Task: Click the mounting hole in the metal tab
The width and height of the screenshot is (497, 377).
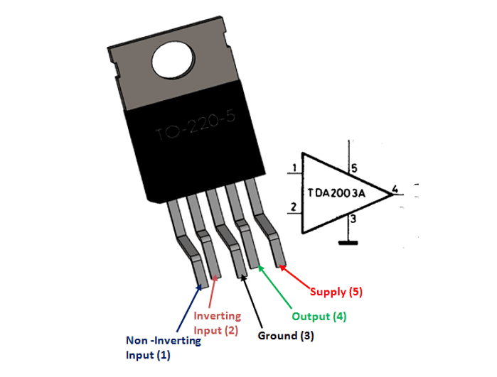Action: coord(173,60)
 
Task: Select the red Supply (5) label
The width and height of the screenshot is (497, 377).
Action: coord(336,292)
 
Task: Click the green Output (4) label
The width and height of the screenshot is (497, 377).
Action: coord(319,316)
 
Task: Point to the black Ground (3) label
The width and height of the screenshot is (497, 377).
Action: coord(286,336)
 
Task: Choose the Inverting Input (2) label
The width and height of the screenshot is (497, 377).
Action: coord(217,323)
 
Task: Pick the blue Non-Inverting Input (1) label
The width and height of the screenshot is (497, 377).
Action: coord(164,348)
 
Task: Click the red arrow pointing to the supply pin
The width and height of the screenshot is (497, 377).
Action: coord(294,278)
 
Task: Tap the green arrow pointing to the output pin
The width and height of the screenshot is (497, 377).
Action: coord(275,287)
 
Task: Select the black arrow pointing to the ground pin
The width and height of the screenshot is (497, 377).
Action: coord(252,301)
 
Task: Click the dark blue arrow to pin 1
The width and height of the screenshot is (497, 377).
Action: coord(189,307)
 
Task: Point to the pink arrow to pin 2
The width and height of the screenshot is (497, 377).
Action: coord(213,291)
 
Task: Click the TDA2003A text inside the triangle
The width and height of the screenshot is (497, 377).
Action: coord(336,193)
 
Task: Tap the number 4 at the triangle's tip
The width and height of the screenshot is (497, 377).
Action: coord(395,189)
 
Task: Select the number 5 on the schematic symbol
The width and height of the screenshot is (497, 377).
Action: coord(354,168)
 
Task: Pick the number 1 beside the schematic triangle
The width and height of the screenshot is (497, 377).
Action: coord(295,168)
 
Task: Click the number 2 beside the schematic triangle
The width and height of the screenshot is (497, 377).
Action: coord(294,207)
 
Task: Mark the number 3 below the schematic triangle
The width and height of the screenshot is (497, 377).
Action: coord(353,218)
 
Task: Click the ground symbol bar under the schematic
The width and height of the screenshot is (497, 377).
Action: coord(348,243)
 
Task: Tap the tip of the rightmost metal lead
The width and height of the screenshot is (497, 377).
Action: coord(282,266)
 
